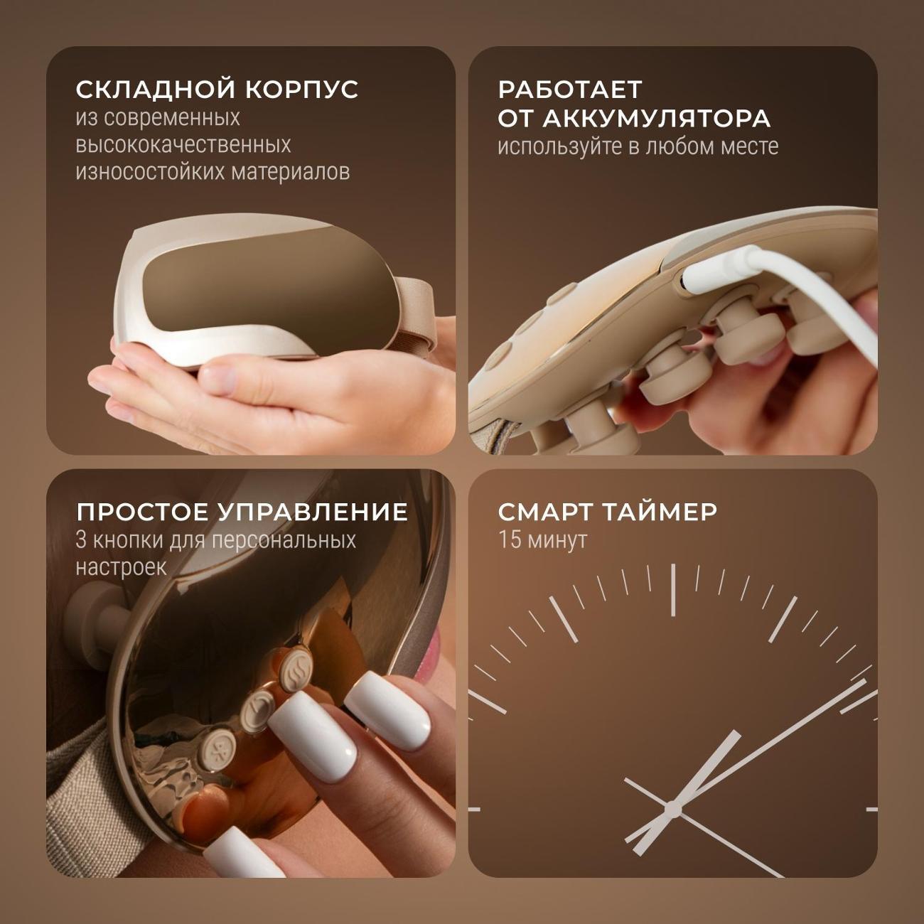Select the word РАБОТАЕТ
coord(569,90)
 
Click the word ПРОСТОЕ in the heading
coord(142,512)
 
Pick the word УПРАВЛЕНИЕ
coord(313,512)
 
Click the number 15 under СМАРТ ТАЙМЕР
coord(509,540)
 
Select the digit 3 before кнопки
coord(81,540)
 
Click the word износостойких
coord(150,172)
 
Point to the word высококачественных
coord(183,145)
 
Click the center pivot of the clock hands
coord(672,810)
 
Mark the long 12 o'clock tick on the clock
coord(672,590)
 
